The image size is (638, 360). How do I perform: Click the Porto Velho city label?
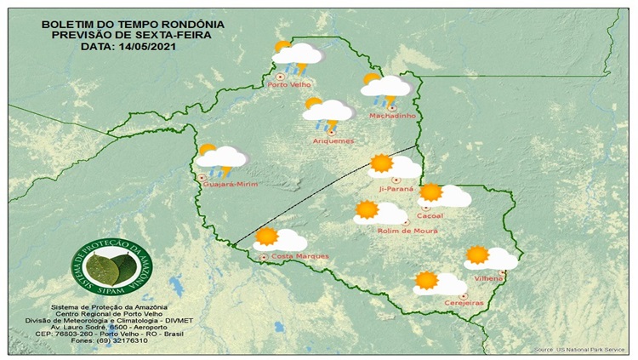point(289,84)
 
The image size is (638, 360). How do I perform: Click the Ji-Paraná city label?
point(397,188)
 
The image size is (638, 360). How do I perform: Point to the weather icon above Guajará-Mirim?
point(220,157)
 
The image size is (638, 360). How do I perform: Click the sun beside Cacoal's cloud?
point(431,193)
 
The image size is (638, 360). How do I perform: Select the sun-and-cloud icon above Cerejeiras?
point(439,283)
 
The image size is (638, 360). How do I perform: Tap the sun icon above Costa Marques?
point(267,237)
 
